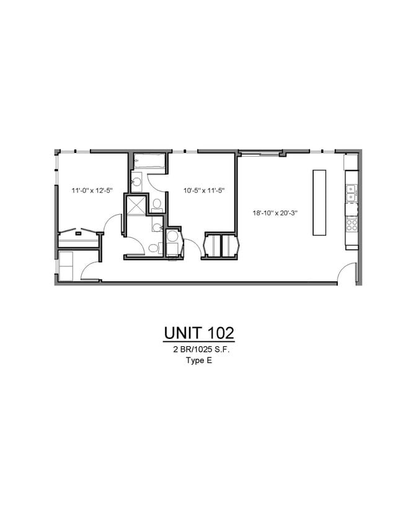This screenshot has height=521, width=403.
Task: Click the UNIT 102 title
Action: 198,333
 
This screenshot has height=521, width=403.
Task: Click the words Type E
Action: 198,361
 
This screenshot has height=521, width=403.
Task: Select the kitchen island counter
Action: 319,202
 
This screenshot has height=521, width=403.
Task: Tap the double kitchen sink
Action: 351,193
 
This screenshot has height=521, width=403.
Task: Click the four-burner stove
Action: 352,224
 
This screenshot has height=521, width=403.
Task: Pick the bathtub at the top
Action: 150,163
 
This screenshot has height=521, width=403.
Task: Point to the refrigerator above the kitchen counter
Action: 351,162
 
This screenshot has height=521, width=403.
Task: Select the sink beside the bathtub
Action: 136,182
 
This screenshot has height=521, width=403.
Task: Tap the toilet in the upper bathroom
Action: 157,204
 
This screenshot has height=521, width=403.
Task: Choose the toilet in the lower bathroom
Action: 153,248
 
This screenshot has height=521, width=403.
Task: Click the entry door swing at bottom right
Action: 348,273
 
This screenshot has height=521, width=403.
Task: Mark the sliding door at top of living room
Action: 260,151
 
